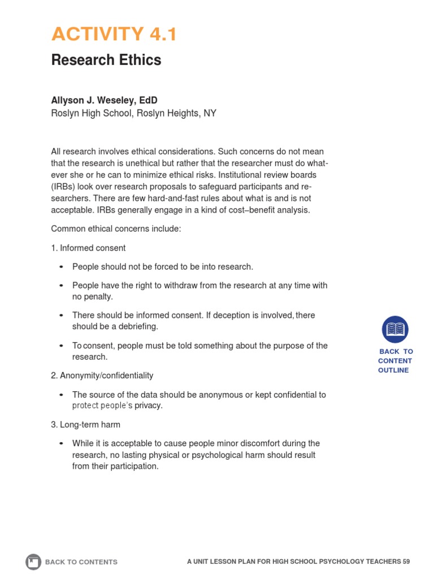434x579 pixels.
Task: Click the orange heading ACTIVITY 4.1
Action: tap(114, 34)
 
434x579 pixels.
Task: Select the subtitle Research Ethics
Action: tap(106, 60)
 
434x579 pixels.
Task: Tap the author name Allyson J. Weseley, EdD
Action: tap(104, 100)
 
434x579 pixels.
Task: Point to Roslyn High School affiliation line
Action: tap(133, 113)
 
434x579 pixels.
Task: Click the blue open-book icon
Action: tap(395, 329)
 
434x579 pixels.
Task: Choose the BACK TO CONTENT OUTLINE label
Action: tap(395, 361)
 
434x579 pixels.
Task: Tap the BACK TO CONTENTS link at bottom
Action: tap(81, 562)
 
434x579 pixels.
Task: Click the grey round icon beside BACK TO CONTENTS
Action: tap(33, 561)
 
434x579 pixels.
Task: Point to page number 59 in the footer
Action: tap(406, 561)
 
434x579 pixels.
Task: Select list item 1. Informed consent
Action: tap(88, 248)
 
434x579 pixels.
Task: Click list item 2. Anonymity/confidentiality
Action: tap(102, 375)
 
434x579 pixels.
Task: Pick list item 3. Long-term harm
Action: tap(85, 424)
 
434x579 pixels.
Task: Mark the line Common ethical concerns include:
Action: tap(116, 229)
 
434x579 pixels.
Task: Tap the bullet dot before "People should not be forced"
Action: tap(62, 267)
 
